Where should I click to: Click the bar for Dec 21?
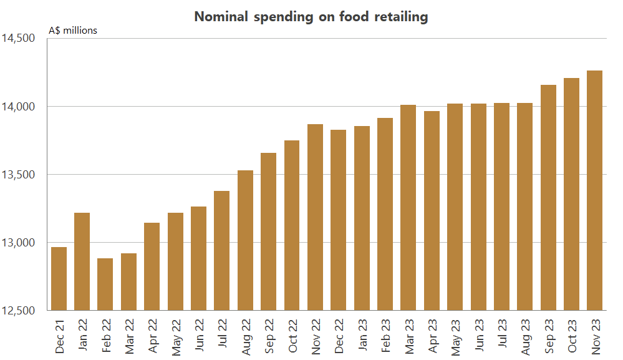59,279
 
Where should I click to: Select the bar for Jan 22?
82,261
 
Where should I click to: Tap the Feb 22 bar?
105,285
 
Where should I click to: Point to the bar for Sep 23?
548,198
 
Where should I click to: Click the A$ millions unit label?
73,30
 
